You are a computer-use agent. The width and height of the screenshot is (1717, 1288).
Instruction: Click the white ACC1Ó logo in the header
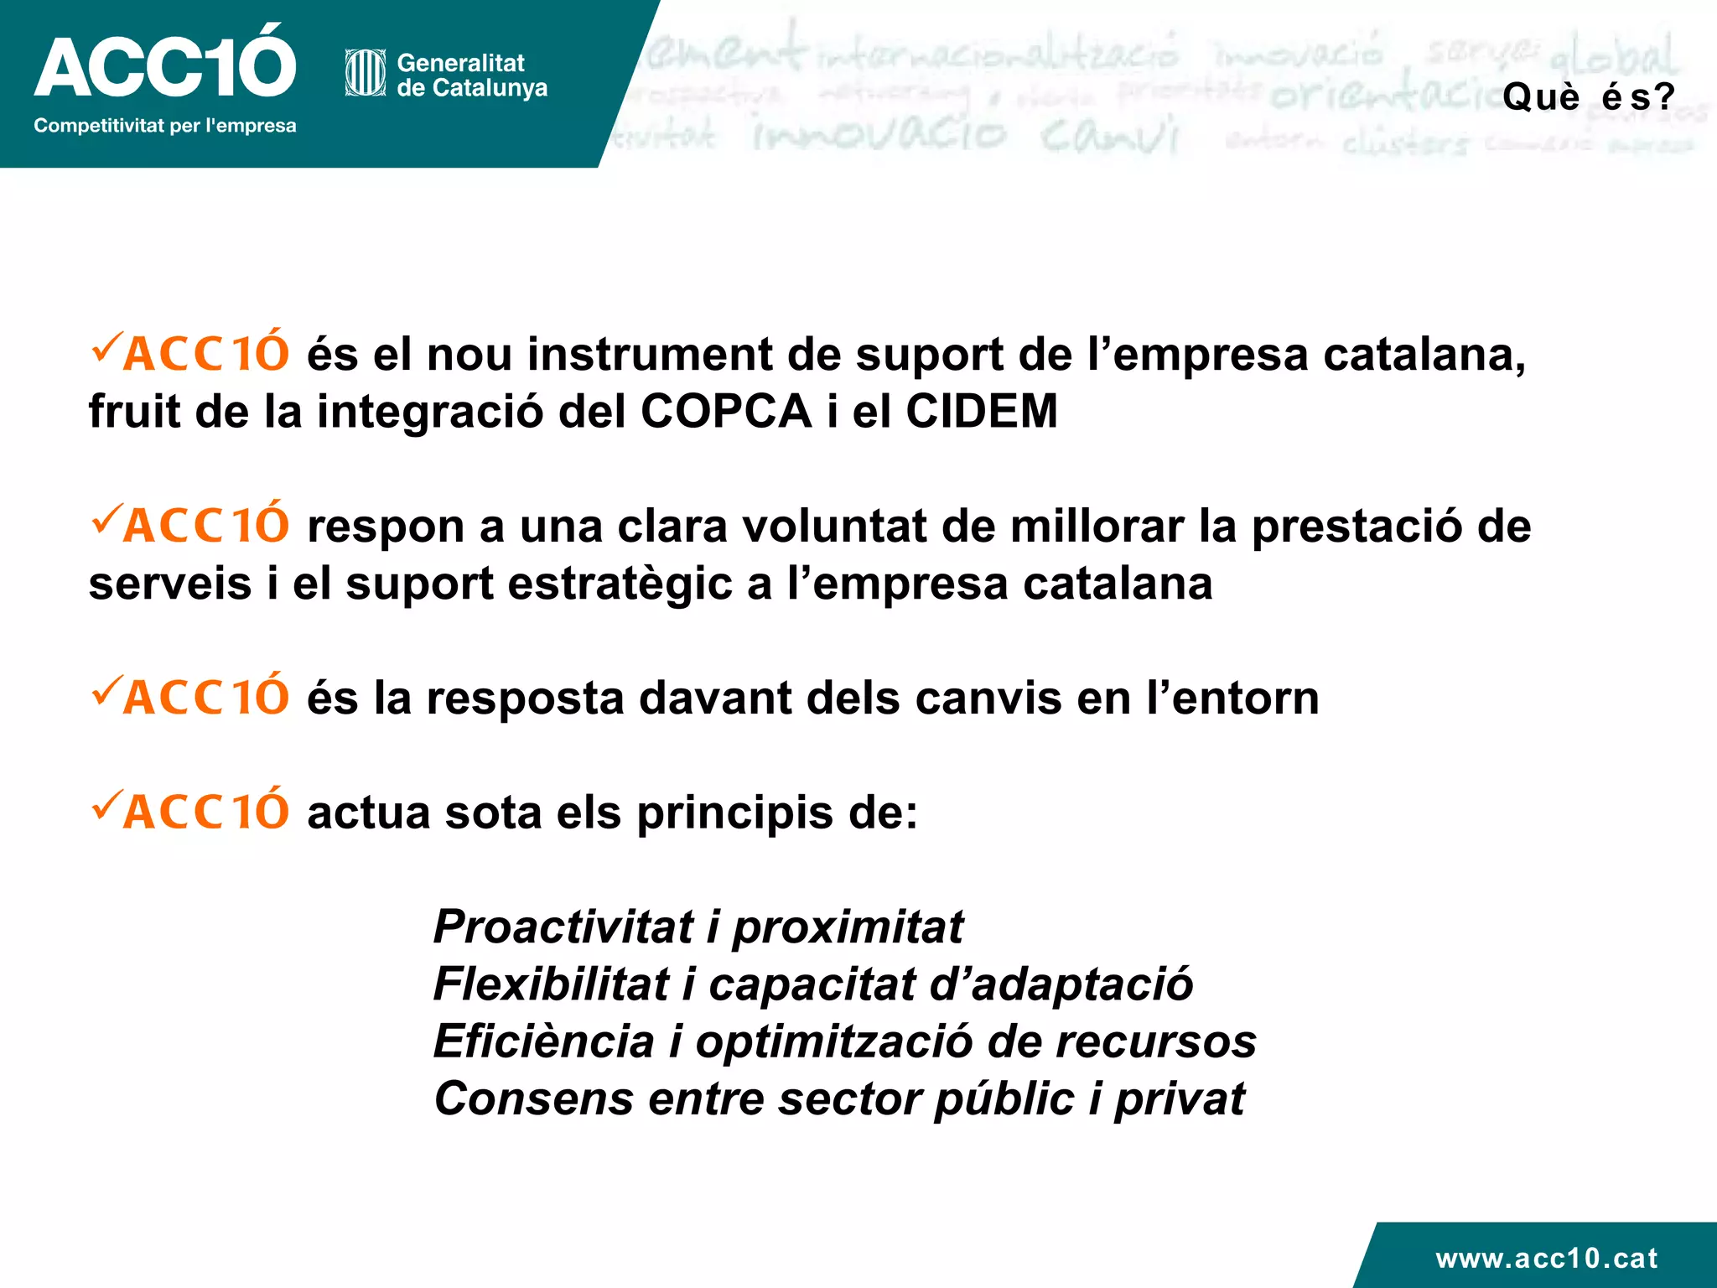165,64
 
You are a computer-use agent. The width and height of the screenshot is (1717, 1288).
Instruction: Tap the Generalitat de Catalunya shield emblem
366,74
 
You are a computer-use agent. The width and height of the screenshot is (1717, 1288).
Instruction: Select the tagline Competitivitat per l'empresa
165,126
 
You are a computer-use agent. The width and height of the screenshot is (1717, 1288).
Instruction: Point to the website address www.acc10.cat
1547,1258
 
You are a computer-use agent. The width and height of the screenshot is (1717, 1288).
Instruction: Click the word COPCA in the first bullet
726,412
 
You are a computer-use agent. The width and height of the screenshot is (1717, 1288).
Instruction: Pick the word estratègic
620,584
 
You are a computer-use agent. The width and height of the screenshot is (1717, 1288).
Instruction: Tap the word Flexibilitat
551,984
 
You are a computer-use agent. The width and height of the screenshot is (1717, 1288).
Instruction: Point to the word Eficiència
543,1041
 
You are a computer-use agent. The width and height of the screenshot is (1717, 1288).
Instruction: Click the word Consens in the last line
534,1098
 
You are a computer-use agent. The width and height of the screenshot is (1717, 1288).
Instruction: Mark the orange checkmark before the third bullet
106,689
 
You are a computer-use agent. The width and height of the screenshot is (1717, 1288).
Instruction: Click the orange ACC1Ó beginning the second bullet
206,527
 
